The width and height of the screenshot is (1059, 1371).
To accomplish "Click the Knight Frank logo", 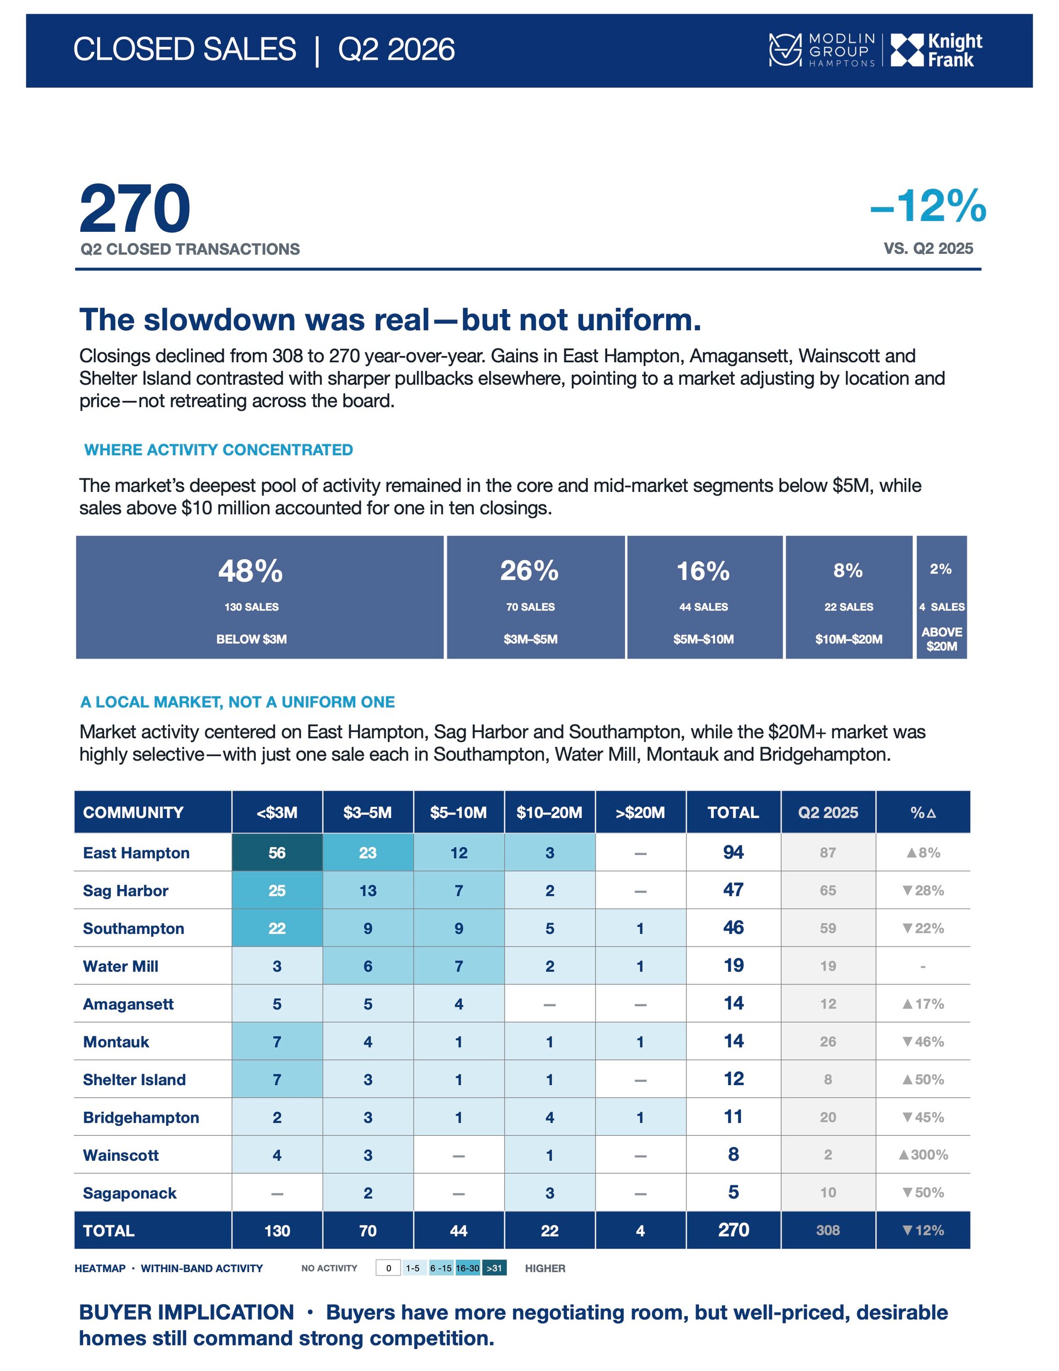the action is pyautogui.click(x=936, y=50).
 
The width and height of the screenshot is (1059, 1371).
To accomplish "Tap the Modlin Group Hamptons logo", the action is pyautogui.click(x=822, y=50).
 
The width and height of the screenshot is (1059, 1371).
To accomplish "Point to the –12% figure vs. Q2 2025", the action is pyautogui.click(x=928, y=205).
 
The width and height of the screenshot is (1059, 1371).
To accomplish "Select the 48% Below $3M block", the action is pyautogui.click(x=260, y=597).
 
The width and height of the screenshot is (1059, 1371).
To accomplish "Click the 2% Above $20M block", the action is pyautogui.click(x=941, y=597).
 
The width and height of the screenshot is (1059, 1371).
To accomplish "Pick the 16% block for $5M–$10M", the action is pyautogui.click(x=704, y=597).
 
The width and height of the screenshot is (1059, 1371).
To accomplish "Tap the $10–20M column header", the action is pyautogui.click(x=549, y=812).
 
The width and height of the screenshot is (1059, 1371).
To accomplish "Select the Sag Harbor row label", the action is pyautogui.click(x=125, y=891).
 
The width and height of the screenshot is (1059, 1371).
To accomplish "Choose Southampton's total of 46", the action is pyautogui.click(x=734, y=928).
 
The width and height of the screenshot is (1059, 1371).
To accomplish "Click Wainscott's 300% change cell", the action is pyautogui.click(x=923, y=1155).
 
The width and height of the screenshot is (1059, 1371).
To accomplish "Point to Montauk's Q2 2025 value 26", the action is pyautogui.click(x=827, y=1041).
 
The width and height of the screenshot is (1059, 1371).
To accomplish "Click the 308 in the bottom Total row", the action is pyautogui.click(x=827, y=1230).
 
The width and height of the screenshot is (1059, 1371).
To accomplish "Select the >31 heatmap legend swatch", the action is pyautogui.click(x=494, y=1268).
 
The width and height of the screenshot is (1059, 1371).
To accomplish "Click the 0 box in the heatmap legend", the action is pyautogui.click(x=388, y=1268).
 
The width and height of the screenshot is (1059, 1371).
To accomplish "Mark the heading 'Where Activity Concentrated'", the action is pyautogui.click(x=218, y=450).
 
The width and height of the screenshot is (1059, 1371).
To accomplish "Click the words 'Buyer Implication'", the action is pyautogui.click(x=186, y=1312).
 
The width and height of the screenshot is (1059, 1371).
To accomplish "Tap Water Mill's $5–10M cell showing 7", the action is pyautogui.click(x=458, y=966).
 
